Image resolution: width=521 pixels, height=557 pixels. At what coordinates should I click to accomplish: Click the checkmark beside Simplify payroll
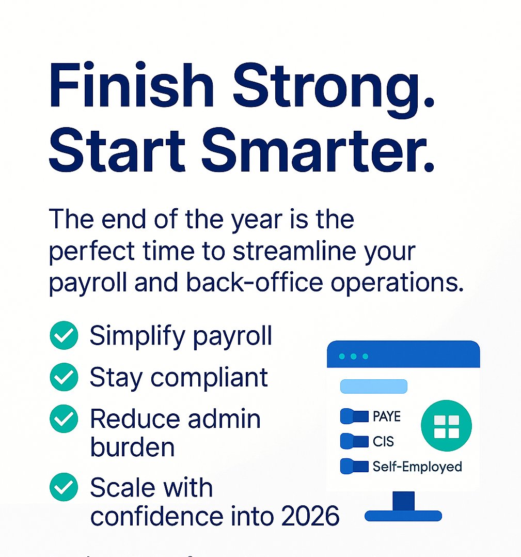click(64, 336)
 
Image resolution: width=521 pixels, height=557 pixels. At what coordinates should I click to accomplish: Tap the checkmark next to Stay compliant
click(64, 377)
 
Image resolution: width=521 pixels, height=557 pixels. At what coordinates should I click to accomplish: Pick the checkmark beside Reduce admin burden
click(64, 419)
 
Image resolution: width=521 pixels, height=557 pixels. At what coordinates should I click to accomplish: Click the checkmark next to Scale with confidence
click(64, 487)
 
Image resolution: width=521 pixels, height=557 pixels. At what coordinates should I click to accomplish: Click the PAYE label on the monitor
click(386, 416)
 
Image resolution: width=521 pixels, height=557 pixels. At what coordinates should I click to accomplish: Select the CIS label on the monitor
click(383, 441)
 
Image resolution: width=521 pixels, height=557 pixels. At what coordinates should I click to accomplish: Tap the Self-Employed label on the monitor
click(417, 467)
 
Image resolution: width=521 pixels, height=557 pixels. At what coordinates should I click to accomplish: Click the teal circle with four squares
click(446, 426)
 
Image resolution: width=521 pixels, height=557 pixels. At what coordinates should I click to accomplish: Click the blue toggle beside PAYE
click(355, 416)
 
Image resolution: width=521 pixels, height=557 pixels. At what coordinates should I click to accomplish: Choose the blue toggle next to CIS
click(355, 441)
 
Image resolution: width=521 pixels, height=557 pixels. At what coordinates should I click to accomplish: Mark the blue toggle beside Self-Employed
click(355, 467)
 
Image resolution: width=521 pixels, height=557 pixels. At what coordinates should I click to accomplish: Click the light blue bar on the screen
click(374, 386)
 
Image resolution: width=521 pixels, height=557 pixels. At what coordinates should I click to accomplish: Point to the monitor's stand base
click(403, 515)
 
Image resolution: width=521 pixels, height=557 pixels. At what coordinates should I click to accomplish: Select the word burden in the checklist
click(132, 447)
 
